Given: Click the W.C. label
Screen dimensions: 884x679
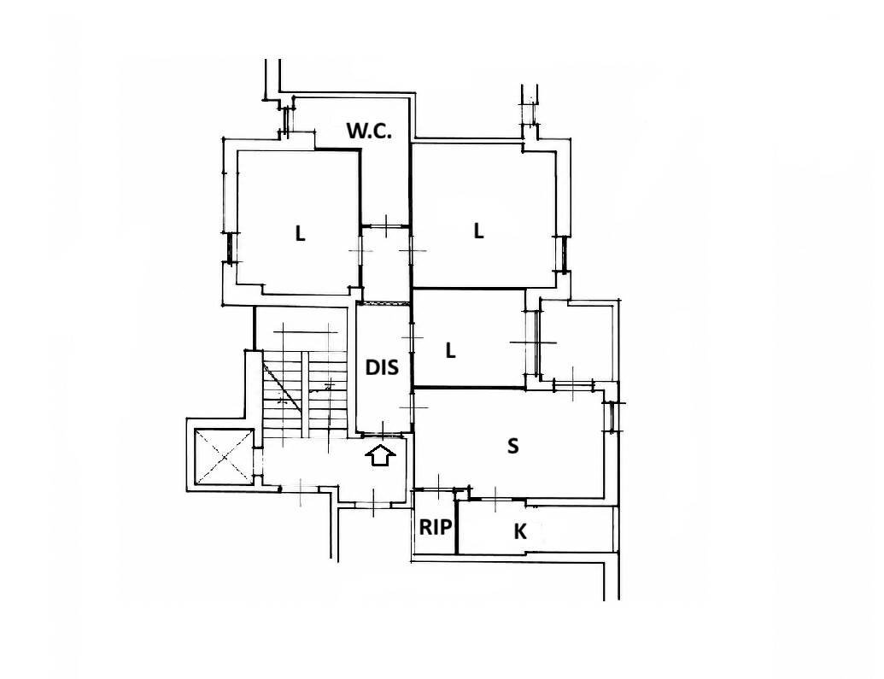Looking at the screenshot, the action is click(x=369, y=131).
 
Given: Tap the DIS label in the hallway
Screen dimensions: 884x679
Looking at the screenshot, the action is click(x=382, y=367).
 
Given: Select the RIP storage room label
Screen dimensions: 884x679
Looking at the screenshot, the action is click(x=436, y=527).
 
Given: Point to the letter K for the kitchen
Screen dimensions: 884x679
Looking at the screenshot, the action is click(x=520, y=530).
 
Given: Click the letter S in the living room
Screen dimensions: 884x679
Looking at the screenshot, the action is click(x=512, y=446).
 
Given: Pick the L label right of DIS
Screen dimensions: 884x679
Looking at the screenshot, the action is click(x=450, y=351).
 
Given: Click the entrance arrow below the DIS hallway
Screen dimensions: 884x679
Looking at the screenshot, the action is click(x=381, y=455).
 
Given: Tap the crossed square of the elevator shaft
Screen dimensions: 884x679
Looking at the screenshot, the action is click(x=224, y=457).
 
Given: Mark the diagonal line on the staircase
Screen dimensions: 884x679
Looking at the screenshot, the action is click(x=282, y=386).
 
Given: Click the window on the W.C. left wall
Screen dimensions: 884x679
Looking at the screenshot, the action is click(x=286, y=120).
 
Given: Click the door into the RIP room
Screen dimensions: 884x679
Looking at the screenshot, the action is click(x=439, y=490).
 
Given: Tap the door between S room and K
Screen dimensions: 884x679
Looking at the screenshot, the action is click(x=495, y=499).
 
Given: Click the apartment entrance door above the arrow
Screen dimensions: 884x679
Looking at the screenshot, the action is click(x=383, y=434).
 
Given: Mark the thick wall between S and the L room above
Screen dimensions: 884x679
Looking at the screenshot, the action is click(x=469, y=387).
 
